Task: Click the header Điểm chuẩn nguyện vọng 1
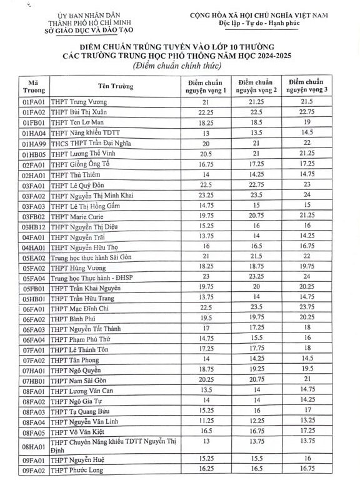click(206, 85)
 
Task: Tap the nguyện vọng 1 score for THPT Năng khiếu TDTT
click(206, 134)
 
